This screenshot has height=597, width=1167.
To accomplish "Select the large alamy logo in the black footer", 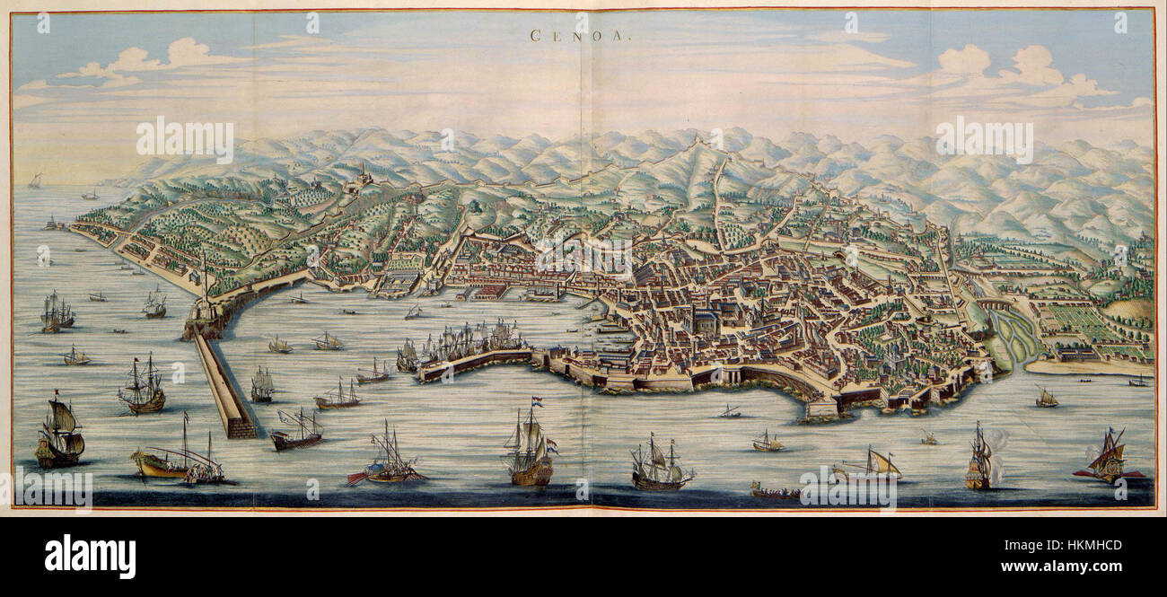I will tap(90, 557).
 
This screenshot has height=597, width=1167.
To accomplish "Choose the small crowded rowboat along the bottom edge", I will tap(774, 491).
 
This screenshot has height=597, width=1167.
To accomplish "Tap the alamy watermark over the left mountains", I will tap(185, 139).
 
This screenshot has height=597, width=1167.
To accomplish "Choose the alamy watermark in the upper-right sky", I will tap(984, 139).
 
